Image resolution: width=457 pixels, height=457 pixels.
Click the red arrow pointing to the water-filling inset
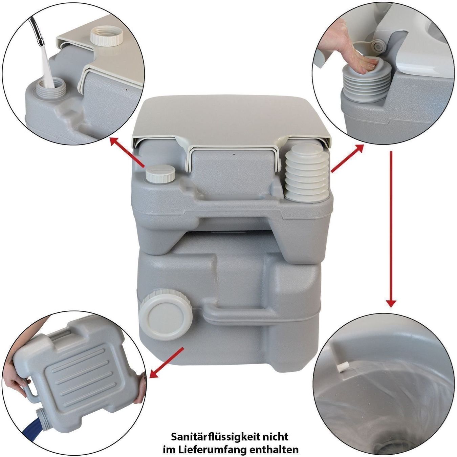127,152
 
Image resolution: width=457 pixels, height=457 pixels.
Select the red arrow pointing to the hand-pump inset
347,158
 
